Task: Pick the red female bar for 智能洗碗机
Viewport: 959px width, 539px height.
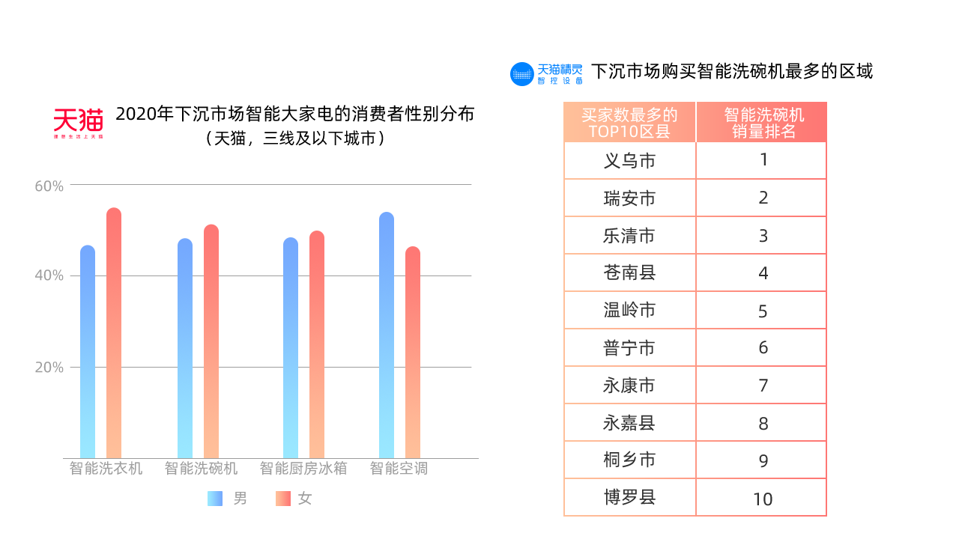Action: (x=211, y=340)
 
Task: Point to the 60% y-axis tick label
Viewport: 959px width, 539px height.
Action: (x=49, y=186)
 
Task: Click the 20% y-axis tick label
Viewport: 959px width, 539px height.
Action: (x=49, y=367)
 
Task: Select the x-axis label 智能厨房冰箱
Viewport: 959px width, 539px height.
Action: (x=303, y=469)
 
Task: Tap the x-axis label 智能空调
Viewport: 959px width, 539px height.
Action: (x=398, y=469)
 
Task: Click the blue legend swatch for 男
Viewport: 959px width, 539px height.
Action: (x=214, y=498)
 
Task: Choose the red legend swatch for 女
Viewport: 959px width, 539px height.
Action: (x=282, y=498)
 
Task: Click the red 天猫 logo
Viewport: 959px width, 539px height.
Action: (x=78, y=123)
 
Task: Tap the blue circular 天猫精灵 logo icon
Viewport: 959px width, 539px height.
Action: (x=522, y=74)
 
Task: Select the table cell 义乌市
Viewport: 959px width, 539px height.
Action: (x=629, y=160)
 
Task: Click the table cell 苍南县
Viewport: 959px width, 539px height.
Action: (x=629, y=272)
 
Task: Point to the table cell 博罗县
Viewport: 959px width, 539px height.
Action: (x=629, y=497)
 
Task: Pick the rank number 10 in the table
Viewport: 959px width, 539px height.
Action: (x=763, y=499)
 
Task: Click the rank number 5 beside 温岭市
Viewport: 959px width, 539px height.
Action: (x=763, y=311)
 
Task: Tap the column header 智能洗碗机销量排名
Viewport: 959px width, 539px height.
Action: (x=763, y=123)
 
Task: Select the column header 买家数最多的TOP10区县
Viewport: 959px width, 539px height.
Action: (x=629, y=123)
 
